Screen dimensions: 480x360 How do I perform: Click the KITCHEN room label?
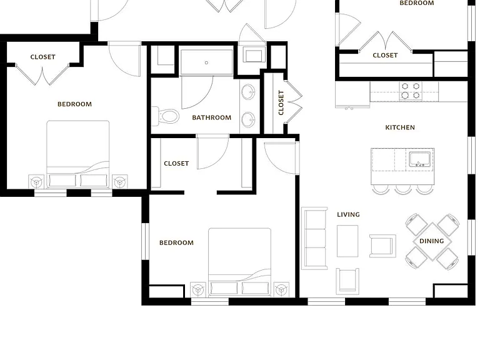(x=400, y=127)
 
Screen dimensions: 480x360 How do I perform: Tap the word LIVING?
(x=348, y=214)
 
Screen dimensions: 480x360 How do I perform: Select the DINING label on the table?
(x=432, y=241)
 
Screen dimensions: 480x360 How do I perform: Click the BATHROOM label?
(x=211, y=117)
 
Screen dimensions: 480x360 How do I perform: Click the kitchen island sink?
(x=420, y=159)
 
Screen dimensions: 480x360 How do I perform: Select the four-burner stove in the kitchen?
(x=411, y=91)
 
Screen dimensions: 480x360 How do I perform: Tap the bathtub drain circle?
(x=206, y=62)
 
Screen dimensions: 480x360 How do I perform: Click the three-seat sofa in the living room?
(x=314, y=239)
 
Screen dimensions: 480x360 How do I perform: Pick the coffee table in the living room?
(x=347, y=241)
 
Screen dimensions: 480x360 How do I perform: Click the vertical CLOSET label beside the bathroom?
(x=281, y=103)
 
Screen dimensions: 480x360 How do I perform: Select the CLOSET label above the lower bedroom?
(x=176, y=164)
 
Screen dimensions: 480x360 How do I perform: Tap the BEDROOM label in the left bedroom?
(x=75, y=104)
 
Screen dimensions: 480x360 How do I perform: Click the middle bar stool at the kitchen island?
(x=403, y=189)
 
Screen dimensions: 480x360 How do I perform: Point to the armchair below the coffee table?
(x=347, y=281)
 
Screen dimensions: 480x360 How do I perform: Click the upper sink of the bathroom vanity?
(x=248, y=92)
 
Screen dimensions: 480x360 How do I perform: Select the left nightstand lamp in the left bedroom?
(x=36, y=182)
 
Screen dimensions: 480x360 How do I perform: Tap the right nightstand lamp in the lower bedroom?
(x=281, y=289)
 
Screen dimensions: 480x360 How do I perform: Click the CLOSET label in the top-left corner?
(x=43, y=57)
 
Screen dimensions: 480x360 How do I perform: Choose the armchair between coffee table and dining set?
(x=382, y=246)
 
